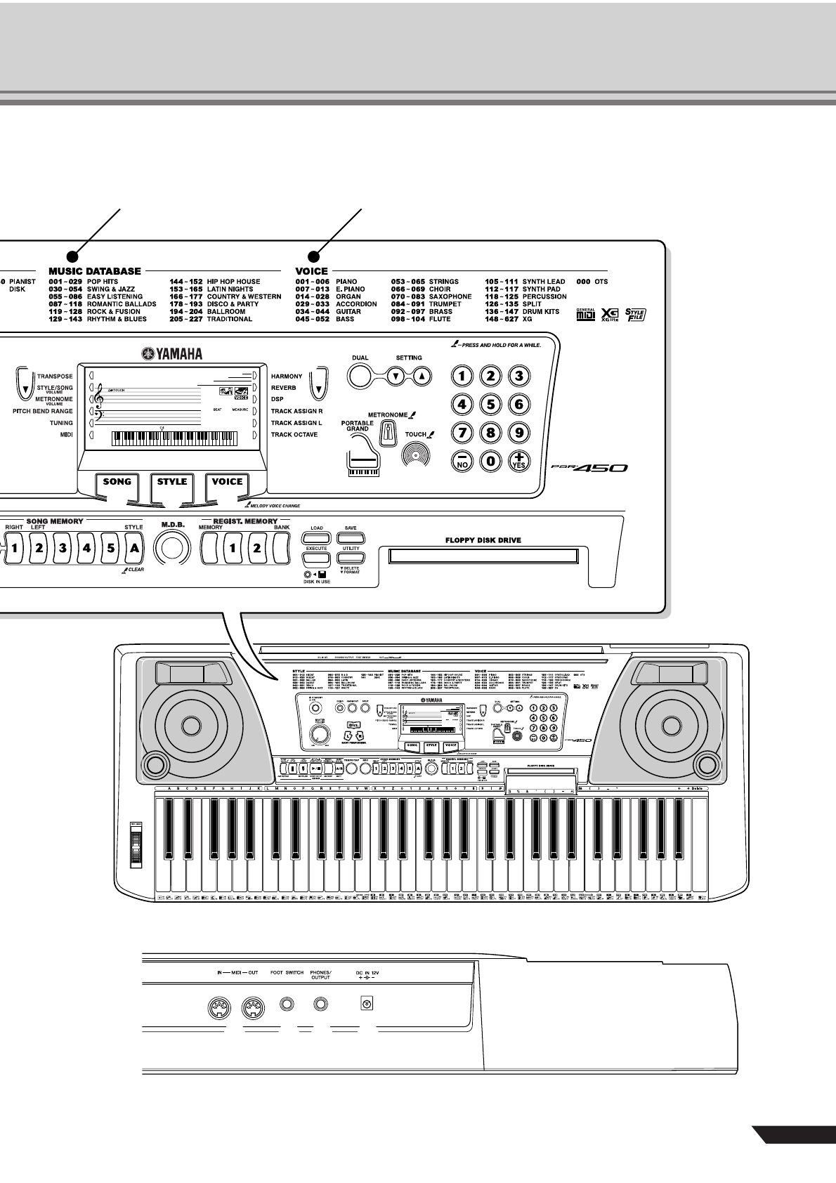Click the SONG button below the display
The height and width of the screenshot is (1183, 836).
(x=117, y=482)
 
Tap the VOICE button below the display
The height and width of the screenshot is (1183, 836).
(x=227, y=482)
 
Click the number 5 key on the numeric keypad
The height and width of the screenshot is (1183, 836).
(x=490, y=403)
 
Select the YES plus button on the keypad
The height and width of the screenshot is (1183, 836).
(x=518, y=460)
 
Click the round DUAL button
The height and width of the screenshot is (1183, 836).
(x=360, y=376)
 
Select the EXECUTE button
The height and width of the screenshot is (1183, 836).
(x=317, y=558)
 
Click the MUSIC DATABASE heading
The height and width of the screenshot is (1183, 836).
(x=95, y=271)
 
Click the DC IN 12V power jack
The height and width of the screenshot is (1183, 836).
(x=366, y=1005)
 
